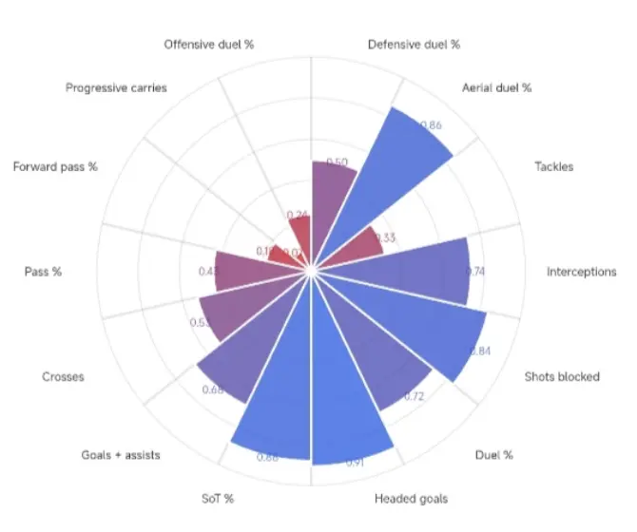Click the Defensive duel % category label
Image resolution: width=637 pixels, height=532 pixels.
[414, 44]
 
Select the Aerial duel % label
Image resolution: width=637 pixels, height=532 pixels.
[496, 87]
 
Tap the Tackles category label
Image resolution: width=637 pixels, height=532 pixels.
[553, 167]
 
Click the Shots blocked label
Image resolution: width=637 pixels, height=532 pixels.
[562, 376]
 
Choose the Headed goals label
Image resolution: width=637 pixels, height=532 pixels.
[412, 499]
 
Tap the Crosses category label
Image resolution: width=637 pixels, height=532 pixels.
[63, 376]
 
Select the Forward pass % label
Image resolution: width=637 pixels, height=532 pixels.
[55, 167]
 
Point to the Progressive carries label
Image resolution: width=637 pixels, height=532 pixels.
[116, 87]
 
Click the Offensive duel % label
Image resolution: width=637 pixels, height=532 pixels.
[209, 44]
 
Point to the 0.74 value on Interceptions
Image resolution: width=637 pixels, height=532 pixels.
[476, 271]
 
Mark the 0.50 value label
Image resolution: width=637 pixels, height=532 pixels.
[336, 161]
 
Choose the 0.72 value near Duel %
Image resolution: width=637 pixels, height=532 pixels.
[414, 396]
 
